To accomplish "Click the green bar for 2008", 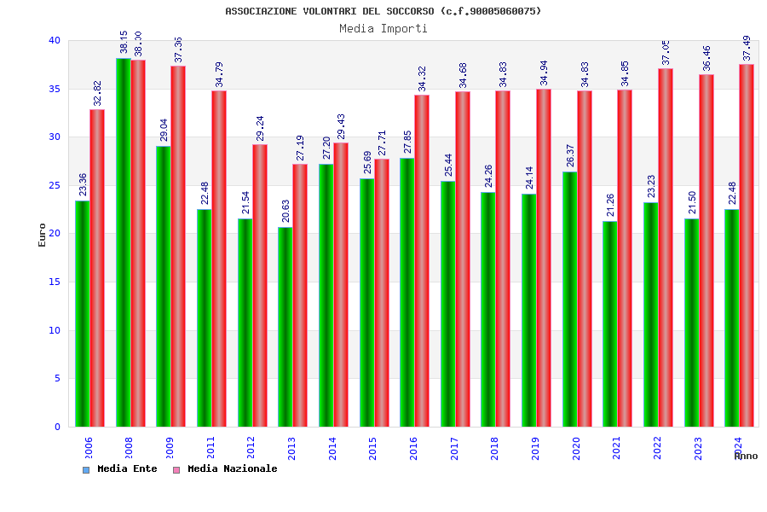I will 124,242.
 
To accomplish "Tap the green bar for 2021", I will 609,324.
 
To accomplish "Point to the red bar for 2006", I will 97,268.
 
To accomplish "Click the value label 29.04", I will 164,130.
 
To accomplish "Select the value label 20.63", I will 285,211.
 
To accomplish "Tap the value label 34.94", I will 544,73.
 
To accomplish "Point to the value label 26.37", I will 570,155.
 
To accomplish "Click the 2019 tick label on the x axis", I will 535,448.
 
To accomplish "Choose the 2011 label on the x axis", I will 210,448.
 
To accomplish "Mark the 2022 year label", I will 657,448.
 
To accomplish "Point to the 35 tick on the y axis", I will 54,89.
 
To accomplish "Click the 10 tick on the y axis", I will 54,330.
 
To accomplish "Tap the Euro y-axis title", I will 43,235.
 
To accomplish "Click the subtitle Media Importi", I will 383,28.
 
